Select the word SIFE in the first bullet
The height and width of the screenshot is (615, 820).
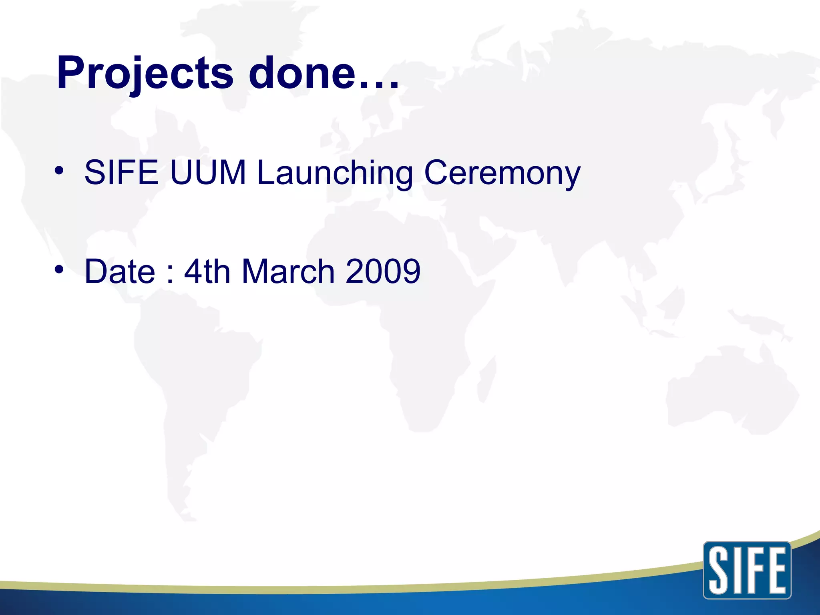click(x=121, y=173)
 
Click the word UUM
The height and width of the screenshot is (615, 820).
click(x=207, y=173)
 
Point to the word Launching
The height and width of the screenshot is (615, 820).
click(x=335, y=173)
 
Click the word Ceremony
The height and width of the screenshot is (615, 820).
click(x=502, y=173)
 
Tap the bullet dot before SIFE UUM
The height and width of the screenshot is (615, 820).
click(x=59, y=171)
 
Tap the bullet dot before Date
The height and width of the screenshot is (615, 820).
click(x=59, y=270)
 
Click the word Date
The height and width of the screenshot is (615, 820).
click(x=120, y=271)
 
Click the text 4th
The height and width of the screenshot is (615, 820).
click(x=207, y=271)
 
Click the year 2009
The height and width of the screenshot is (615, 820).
click(x=382, y=271)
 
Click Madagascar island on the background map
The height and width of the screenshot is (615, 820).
click(x=486, y=378)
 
